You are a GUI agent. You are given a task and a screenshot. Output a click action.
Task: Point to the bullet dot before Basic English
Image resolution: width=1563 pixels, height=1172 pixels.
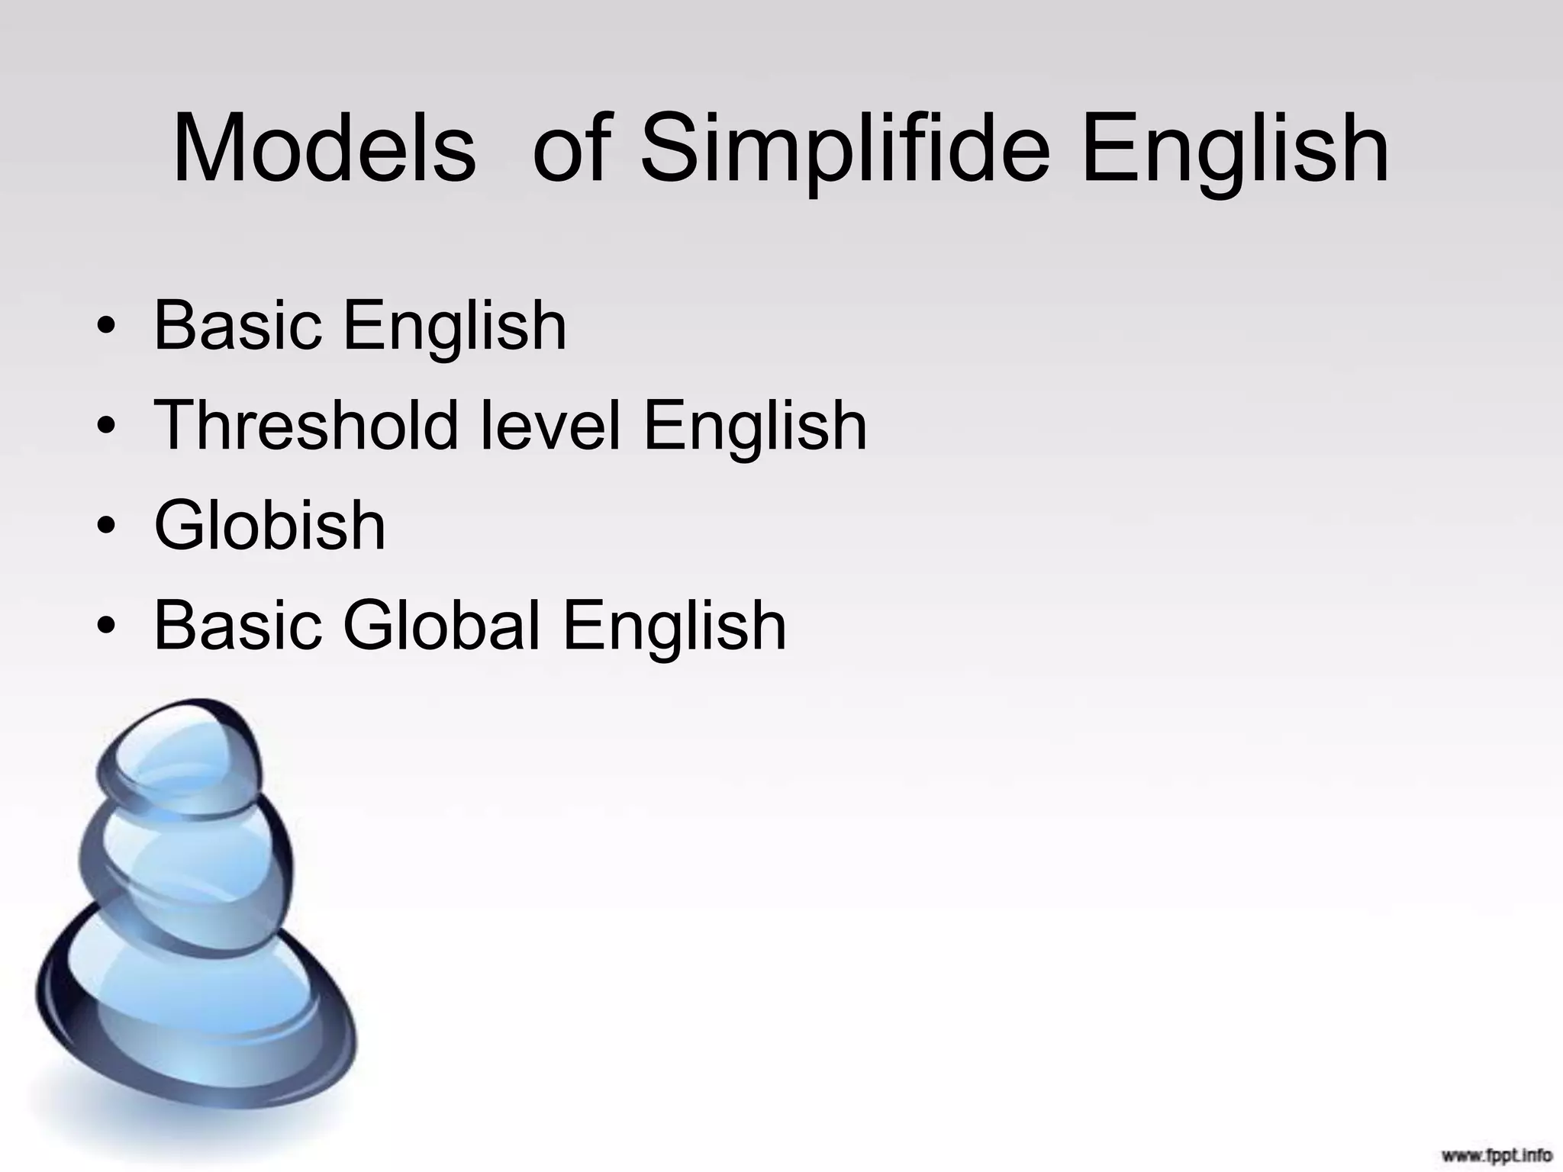(107, 328)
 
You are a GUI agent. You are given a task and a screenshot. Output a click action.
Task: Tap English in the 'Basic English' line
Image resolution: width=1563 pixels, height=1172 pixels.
(455, 328)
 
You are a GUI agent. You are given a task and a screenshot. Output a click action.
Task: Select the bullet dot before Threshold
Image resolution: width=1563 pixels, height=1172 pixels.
(107, 428)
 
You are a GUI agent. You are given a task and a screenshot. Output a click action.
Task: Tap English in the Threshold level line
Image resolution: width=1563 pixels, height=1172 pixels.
(755, 427)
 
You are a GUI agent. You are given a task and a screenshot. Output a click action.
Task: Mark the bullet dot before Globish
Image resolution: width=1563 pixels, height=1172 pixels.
(107, 528)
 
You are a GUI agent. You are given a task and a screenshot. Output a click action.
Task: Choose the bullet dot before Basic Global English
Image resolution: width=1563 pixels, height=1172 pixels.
(107, 628)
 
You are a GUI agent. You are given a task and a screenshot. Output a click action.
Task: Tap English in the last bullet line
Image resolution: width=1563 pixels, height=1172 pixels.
(674, 627)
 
